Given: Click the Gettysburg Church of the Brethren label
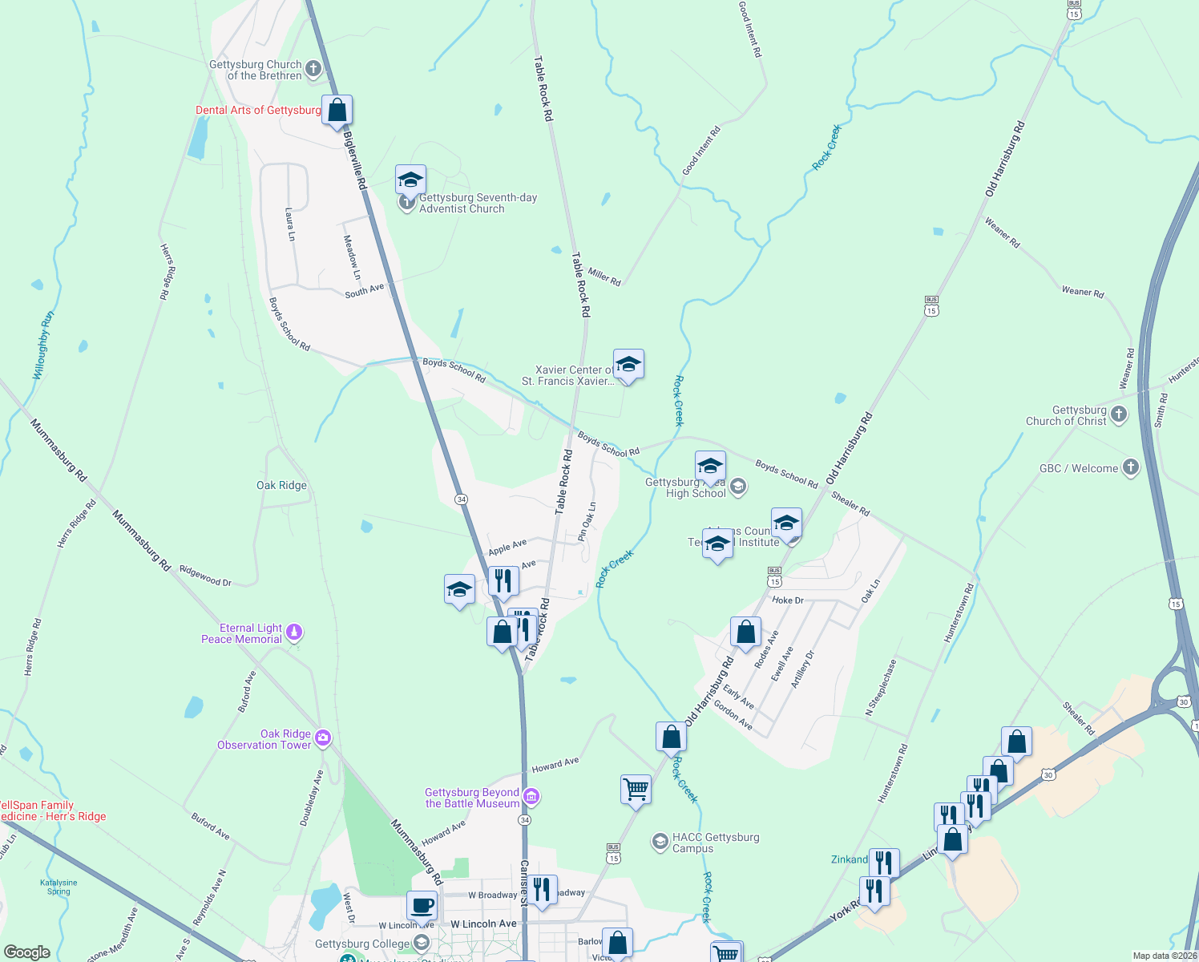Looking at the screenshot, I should tap(256, 71).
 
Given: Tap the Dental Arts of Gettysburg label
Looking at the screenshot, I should tap(258, 111).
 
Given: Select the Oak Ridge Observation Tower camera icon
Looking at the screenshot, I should tap(323, 738).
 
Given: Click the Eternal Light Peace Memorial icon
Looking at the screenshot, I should tap(294, 633).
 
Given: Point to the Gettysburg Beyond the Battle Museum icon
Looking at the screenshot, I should tap(531, 797).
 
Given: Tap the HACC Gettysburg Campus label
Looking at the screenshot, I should tap(716, 843).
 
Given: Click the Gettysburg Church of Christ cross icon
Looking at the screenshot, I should tap(1119, 414).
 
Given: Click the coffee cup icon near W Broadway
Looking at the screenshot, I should tap(422, 906).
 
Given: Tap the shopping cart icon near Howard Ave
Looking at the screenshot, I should tap(636, 789).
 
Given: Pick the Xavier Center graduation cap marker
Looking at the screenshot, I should tap(628, 365).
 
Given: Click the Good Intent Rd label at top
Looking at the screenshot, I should tap(750, 29).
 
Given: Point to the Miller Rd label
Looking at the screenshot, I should tap(604, 277).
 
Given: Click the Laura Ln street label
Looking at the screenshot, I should tap(290, 224).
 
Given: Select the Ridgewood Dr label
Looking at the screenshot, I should tap(205, 576).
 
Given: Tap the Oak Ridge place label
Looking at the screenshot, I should tap(281, 485).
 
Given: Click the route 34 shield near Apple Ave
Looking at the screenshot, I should tap(461, 499).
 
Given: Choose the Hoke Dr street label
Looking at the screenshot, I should tap(787, 600).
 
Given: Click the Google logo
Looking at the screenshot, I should tap(26, 952).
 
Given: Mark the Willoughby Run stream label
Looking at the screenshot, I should tap(43, 346).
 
